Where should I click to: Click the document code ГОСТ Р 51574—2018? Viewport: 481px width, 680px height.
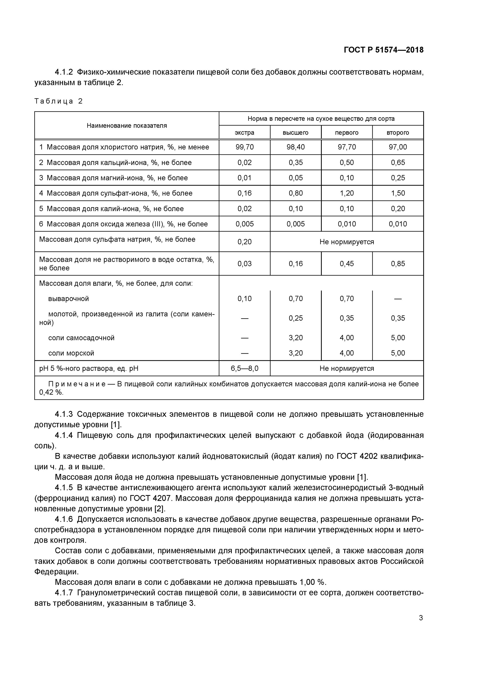pos(383,50)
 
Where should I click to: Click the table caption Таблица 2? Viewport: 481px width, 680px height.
pos(58,101)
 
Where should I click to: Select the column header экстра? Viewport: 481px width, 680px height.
pos(244,133)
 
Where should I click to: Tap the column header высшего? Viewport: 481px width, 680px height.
pos(295,133)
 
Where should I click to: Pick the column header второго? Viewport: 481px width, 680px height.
pos(398,133)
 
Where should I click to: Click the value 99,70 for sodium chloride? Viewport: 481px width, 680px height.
pos(244,147)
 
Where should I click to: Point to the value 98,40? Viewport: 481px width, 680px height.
pos(295,147)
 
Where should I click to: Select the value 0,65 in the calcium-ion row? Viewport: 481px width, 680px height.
pos(398,163)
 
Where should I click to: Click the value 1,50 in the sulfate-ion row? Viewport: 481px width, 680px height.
pos(398,193)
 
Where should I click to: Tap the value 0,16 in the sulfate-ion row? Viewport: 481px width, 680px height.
pos(244,193)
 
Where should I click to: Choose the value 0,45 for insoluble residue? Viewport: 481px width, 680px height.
pos(347,264)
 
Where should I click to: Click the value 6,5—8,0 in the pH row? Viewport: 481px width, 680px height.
pos(244,368)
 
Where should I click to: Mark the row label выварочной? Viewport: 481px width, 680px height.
pos(68,299)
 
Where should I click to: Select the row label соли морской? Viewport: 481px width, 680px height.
pos(71,353)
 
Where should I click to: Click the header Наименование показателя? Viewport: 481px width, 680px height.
pos(127,126)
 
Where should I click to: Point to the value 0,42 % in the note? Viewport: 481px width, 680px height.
pos(51,392)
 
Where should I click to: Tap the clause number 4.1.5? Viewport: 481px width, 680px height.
pos(64,488)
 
